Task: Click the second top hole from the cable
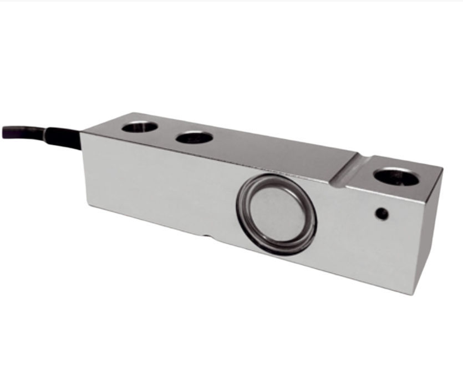(x=195, y=137)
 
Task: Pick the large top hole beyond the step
(x=396, y=176)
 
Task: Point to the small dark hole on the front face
(x=381, y=213)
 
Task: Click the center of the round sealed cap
(x=276, y=214)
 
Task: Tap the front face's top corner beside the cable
(x=82, y=134)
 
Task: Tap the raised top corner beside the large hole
(x=442, y=167)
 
